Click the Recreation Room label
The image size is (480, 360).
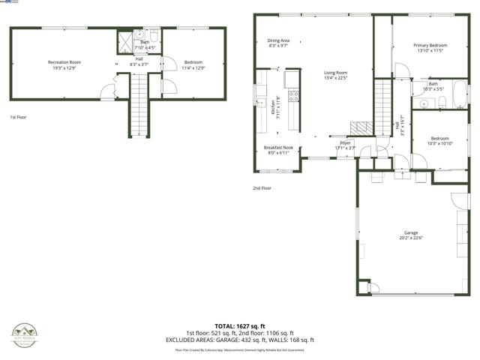click(64, 61)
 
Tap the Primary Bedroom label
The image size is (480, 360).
click(429, 46)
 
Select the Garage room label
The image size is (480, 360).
click(410, 233)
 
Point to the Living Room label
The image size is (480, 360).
click(335, 73)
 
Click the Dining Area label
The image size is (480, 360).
click(278, 40)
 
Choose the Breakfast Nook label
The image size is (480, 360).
click(277, 148)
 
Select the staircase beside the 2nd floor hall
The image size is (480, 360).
click(383, 108)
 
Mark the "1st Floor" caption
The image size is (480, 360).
click(18, 118)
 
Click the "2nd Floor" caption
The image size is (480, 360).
click(262, 187)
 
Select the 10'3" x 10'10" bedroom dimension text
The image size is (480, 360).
click(440, 142)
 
